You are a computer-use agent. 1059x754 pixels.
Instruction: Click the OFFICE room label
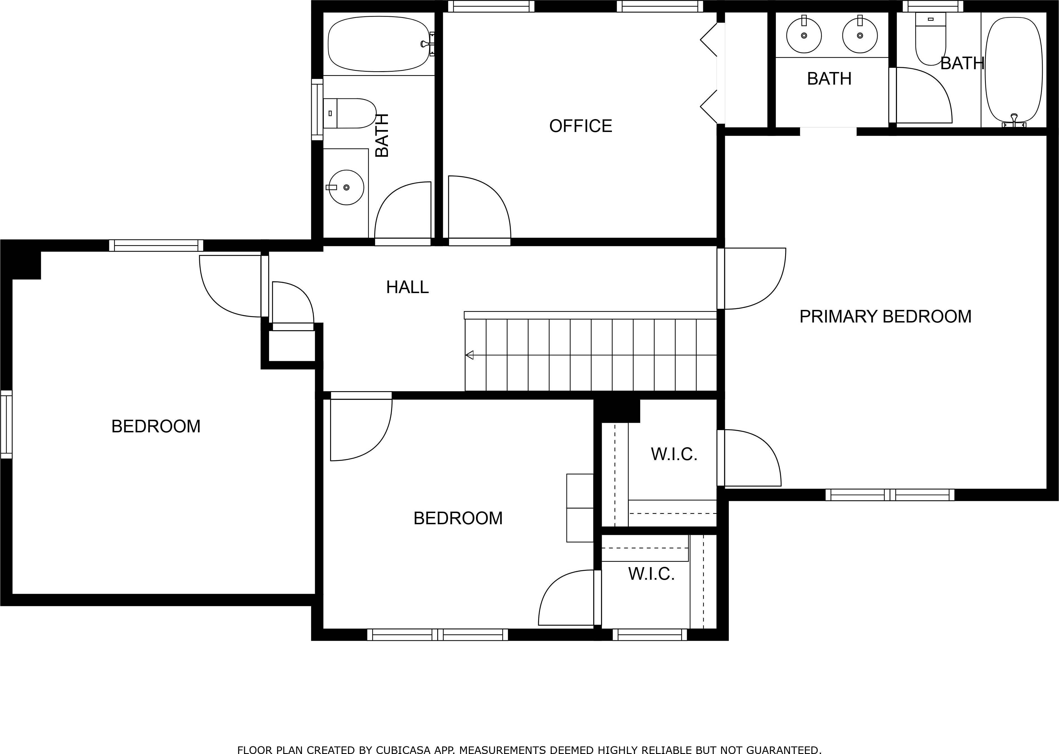pyautogui.click(x=580, y=126)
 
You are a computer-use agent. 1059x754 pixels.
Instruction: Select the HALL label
pyautogui.click(x=407, y=287)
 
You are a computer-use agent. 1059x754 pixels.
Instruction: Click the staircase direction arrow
pyautogui.click(x=470, y=355)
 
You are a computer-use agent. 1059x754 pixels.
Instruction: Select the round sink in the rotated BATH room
pyautogui.click(x=346, y=187)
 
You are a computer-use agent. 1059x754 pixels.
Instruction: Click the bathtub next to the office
pyautogui.click(x=378, y=44)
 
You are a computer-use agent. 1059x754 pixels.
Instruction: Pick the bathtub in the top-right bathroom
pyautogui.click(x=1014, y=70)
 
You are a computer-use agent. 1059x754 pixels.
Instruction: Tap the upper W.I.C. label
pyautogui.click(x=674, y=454)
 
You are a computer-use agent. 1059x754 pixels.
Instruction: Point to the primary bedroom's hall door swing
pyautogui.click(x=752, y=279)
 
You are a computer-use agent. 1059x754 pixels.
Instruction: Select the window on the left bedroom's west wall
pyautogui.click(x=6, y=424)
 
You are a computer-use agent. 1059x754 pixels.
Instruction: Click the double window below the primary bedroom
pyautogui.click(x=889, y=495)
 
